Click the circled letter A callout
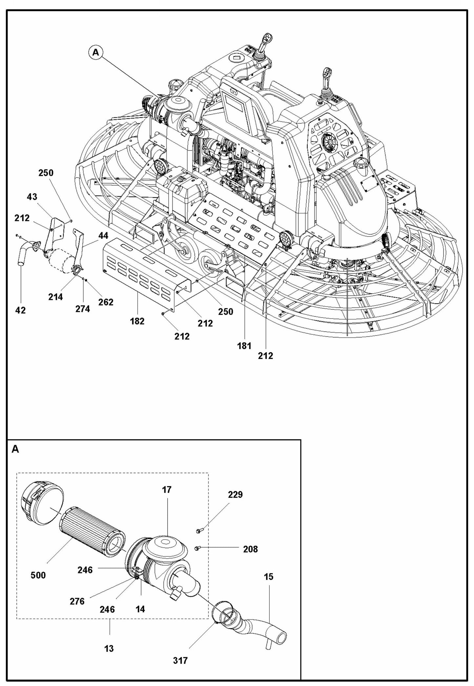95,52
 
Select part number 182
137,321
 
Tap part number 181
244,345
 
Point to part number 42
20,310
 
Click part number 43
32,197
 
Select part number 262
106,302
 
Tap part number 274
82,309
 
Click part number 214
55,297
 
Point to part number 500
38,575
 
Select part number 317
180,660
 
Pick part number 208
250,549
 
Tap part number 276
77,601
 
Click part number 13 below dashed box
109,649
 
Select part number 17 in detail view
167,490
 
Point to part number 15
268,576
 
